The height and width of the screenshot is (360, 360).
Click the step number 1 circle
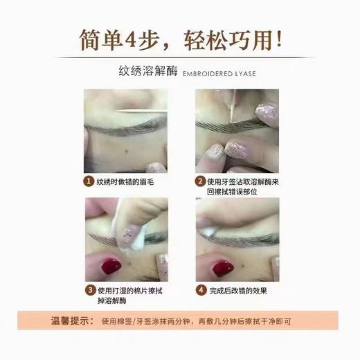(x=87, y=181)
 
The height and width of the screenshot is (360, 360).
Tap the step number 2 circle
(x=200, y=181)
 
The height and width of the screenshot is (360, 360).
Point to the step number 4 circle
(x=200, y=289)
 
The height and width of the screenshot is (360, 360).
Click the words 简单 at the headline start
(x=102, y=37)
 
